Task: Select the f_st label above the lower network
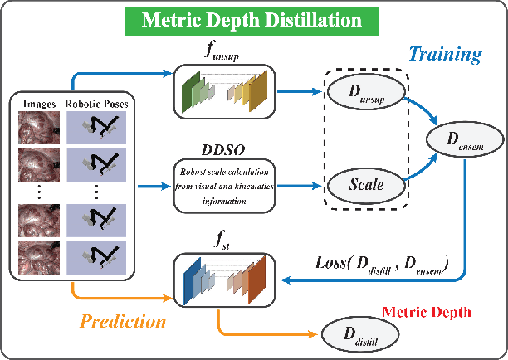coord(219,245)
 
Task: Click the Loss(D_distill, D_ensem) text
coord(381,264)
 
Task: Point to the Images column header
coord(40,104)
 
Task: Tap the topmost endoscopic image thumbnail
coord(40,127)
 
